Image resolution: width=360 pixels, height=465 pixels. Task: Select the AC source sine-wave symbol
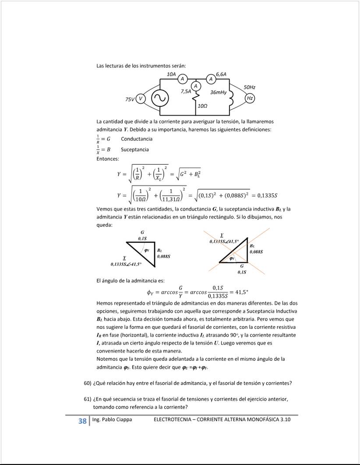(159, 99)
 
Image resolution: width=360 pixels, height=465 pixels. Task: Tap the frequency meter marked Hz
(250, 99)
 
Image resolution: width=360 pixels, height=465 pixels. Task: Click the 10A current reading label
(172, 74)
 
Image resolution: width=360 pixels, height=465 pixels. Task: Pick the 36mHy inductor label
(218, 92)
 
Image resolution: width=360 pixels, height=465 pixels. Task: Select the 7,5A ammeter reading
(186, 92)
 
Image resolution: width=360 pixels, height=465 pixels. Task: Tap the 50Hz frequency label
(250, 88)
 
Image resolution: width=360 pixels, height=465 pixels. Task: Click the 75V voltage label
(130, 100)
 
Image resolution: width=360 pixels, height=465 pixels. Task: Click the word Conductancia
(137, 139)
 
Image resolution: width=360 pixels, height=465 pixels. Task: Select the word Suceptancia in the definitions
(135, 149)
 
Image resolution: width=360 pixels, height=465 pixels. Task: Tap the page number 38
(82, 421)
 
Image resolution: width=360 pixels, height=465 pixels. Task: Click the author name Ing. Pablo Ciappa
(112, 419)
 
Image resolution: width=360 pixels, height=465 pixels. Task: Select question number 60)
(87, 384)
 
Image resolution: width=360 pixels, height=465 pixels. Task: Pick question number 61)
(87, 399)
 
